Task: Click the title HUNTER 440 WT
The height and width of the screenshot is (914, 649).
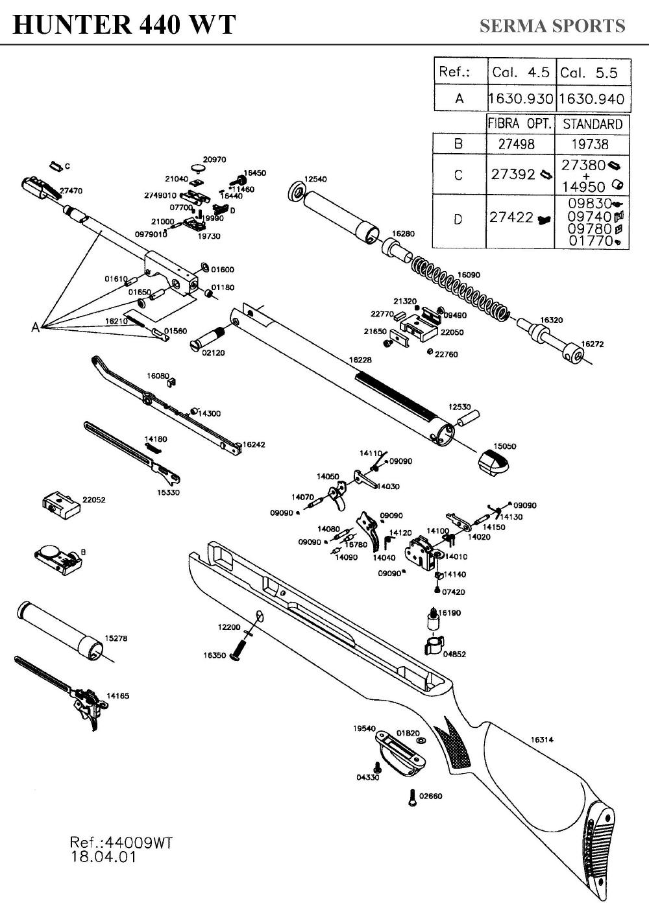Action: (124, 25)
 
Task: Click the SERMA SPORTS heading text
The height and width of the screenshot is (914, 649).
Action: (552, 26)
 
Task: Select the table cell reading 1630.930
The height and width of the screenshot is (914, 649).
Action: (520, 99)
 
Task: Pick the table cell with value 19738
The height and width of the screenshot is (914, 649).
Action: (593, 143)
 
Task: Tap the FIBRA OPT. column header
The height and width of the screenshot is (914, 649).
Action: (520, 124)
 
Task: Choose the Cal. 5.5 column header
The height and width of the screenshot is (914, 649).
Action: (593, 72)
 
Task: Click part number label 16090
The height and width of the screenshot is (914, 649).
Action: (469, 275)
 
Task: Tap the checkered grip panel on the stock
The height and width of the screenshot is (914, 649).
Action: (454, 746)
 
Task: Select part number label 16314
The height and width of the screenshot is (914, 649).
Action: (542, 739)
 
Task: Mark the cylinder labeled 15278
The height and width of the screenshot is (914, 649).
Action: (62, 629)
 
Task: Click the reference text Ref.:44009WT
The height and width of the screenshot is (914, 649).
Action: (121, 843)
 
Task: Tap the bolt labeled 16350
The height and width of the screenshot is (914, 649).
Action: (241, 649)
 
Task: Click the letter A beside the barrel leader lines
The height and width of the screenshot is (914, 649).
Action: (36, 328)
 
